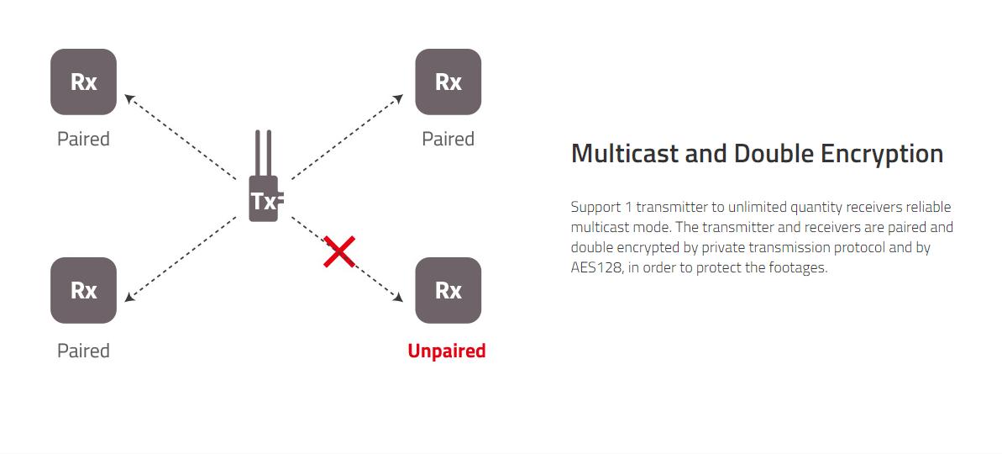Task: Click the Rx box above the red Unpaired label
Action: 448,290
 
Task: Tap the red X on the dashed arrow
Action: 339,251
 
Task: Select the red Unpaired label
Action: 447,351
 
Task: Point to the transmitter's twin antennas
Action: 263,153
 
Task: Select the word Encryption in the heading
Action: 882,154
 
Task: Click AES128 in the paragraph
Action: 596,267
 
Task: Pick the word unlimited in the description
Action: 753,207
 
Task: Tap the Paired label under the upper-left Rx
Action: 83,139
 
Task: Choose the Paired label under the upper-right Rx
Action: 448,139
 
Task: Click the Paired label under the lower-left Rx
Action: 83,351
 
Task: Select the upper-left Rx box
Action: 84,82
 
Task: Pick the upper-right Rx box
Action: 448,82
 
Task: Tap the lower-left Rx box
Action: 84,290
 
